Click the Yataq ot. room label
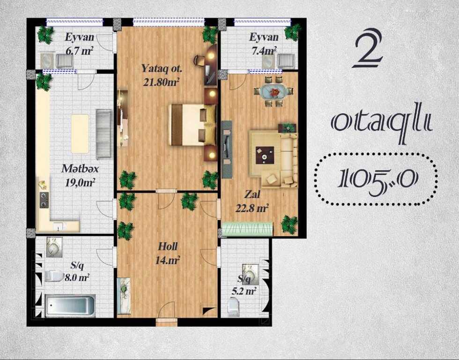pyautogui.click(x=162, y=69)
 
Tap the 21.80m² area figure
pyautogui.click(x=161, y=82)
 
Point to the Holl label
pyautogui.click(x=168, y=247)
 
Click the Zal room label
pyautogui.click(x=252, y=194)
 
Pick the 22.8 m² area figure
pyautogui.click(x=252, y=208)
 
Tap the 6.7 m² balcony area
pyautogui.click(x=79, y=51)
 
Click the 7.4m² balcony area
pyautogui.click(x=264, y=51)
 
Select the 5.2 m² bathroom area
pyautogui.click(x=244, y=291)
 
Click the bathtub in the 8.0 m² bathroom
pyautogui.click(x=70, y=306)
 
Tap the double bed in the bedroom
pyautogui.click(x=192, y=125)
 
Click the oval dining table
pyautogui.click(x=274, y=92)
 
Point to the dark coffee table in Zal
pyautogui.click(x=265, y=155)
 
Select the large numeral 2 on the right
pyautogui.click(x=368, y=49)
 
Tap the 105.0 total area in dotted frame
pyautogui.click(x=378, y=179)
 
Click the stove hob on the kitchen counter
pyautogui.click(x=44, y=200)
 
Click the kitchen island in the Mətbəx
pyautogui.click(x=80, y=134)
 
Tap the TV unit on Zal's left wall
pyautogui.click(x=227, y=150)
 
